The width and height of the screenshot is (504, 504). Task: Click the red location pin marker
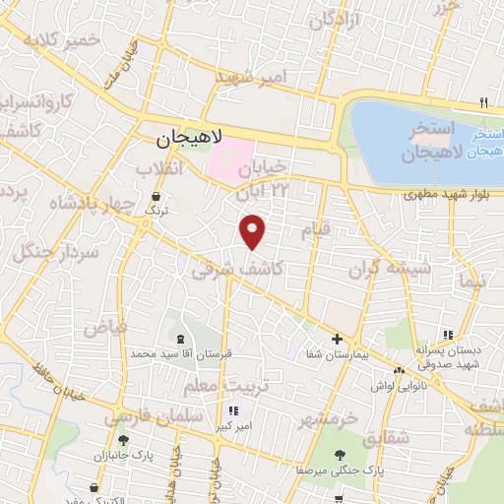click(x=254, y=230)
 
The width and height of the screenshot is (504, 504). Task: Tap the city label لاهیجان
click(x=191, y=140)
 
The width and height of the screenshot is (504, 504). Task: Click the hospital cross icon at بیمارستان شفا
click(x=337, y=338)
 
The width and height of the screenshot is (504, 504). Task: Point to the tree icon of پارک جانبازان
click(x=123, y=441)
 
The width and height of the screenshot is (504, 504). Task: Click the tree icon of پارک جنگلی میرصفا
click(x=340, y=454)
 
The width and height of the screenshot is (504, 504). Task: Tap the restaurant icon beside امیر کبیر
click(x=232, y=410)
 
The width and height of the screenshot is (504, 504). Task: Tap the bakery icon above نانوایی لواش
click(x=399, y=370)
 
